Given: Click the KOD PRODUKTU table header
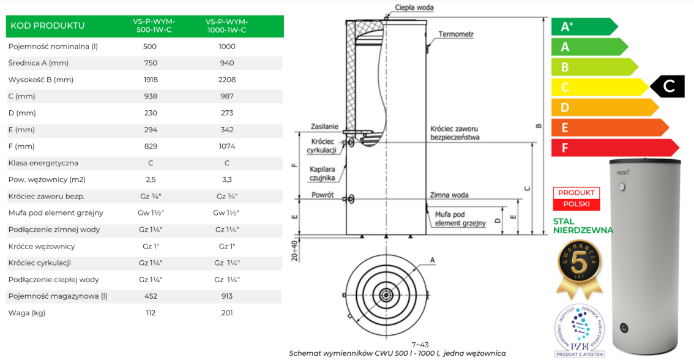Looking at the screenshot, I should point(47,26).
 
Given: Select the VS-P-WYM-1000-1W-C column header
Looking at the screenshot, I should point(226,26).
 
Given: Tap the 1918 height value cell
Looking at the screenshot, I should point(150,80).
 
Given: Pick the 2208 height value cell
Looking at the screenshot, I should point(226,80).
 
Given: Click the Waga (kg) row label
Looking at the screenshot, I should point(28,313).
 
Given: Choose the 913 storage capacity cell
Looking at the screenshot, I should point(226,296).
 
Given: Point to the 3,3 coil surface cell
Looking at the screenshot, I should point(226,180).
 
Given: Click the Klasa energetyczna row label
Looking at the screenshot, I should point(43,163).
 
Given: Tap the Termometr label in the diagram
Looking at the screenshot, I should point(457,34).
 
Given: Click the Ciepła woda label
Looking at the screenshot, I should point(415,7).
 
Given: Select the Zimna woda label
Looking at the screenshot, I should point(449,195).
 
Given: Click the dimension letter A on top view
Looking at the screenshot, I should point(433,260).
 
